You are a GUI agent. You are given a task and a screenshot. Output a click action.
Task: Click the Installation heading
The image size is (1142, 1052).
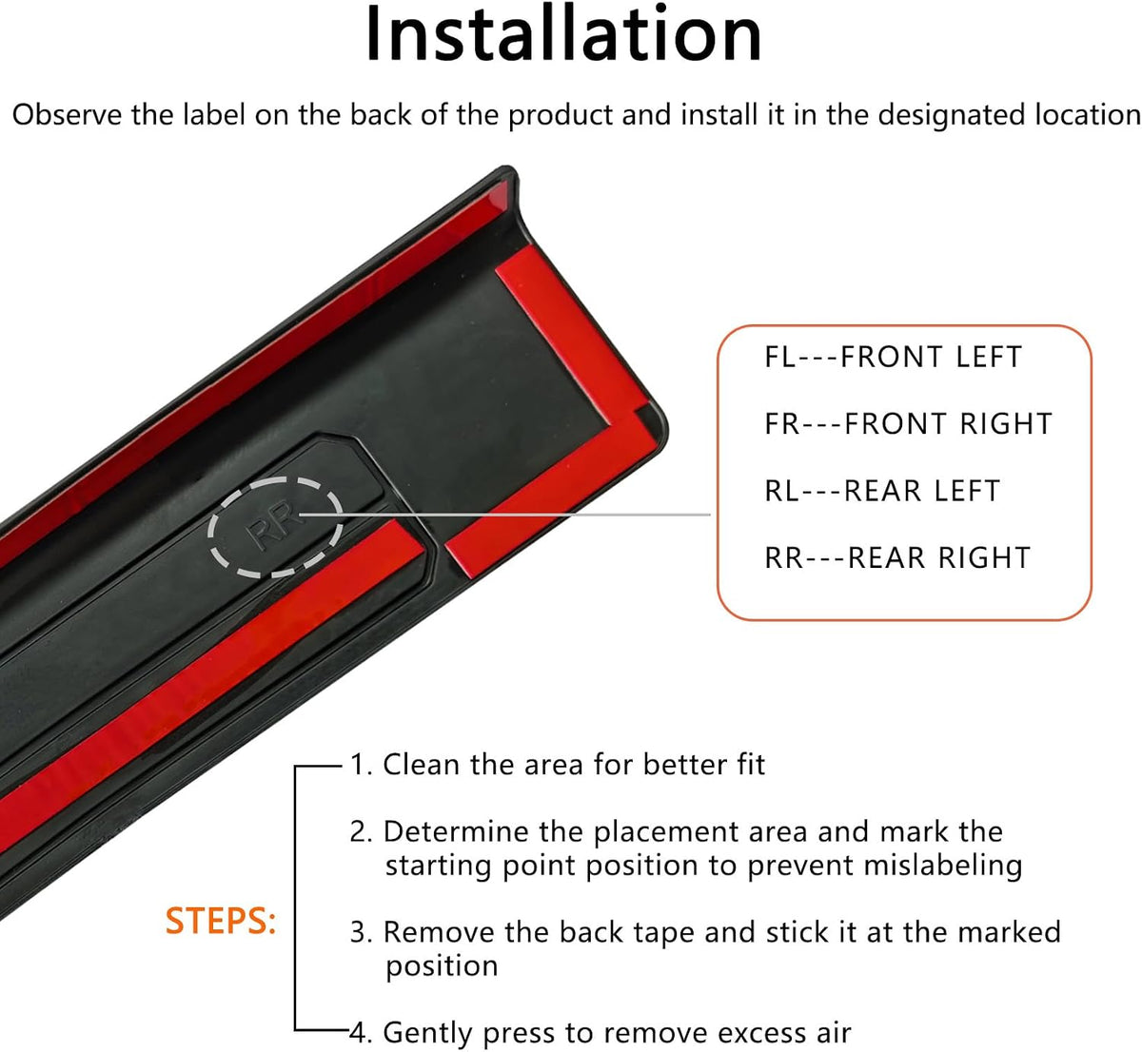click(563, 34)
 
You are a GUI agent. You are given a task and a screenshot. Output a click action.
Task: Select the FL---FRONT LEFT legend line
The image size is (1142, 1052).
click(894, 358)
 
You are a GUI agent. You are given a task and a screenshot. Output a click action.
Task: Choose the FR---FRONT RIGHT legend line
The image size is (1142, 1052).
click(908, 424)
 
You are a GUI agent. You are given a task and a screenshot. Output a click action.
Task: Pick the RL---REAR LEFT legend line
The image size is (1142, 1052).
click(882, 491)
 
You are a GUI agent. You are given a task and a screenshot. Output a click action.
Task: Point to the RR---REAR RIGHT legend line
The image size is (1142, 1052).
click(897, 558)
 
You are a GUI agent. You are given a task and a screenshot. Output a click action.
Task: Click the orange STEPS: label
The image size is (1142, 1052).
click(221, 921)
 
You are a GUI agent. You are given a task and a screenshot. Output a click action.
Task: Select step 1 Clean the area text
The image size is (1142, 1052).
click(558, 765)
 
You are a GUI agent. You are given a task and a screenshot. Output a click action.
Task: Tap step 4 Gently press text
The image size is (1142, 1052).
click(601, 1033)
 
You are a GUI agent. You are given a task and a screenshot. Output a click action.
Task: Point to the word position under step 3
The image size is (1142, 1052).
click(442, 967)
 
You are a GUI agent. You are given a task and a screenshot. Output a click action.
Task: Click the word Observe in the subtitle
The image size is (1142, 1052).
click(68, 115)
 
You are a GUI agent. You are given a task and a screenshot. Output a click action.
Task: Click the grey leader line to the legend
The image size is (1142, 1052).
click(504, 515)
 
